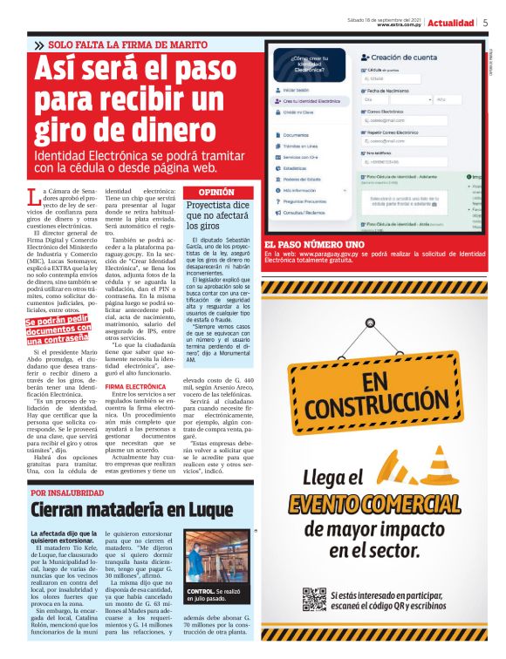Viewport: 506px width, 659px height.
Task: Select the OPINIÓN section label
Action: (216, 192)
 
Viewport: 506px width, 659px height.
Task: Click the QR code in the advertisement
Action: (314, 600)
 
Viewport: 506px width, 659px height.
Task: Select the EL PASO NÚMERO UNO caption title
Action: (314, 245)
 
